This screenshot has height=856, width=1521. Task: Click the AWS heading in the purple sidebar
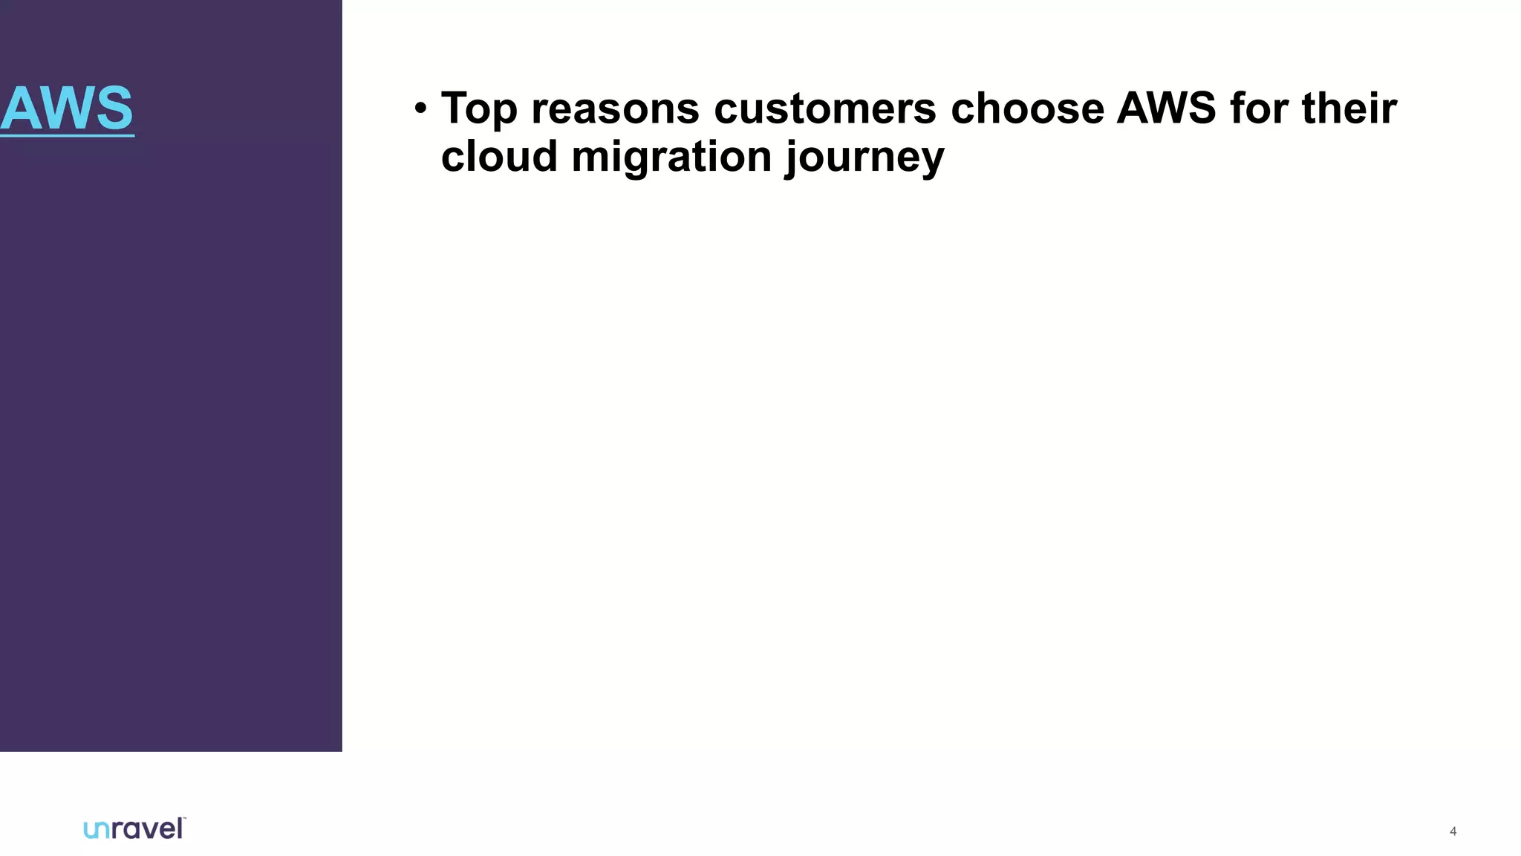click(x=67, y=108)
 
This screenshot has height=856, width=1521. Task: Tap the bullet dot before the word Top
click(x=421, y=108)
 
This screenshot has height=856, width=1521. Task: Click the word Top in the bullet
click(x=479, y=108)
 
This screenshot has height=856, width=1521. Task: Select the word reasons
click(x=615, y=108)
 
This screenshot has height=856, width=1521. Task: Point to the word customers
click(x=824, y=108)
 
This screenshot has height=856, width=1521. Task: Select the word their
click(x=1349, y=108)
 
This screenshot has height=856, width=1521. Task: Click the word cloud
click(x=499, y=157)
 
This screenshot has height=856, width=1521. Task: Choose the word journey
click(x=864, y=158)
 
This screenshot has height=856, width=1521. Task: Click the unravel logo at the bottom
click(x=134, y=829)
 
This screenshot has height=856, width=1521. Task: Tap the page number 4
click(x=1453, y=831)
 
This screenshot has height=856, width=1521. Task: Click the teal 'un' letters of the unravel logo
click(x=97, y=830)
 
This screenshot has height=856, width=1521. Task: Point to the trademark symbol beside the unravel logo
click(x=183, y=819)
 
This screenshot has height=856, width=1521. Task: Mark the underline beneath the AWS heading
click(x=67, y=136)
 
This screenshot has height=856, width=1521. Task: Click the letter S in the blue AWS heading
click(x=114, y=108)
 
